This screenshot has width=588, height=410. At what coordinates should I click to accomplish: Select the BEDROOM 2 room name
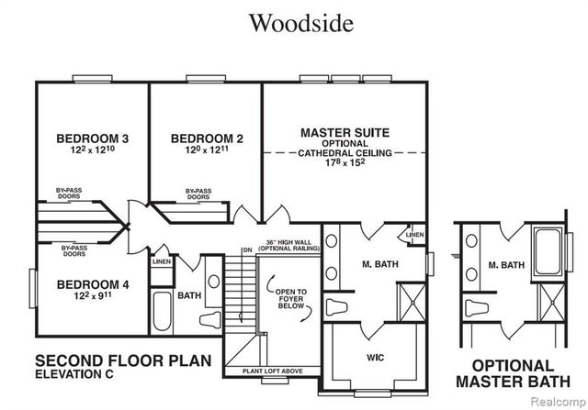tap(207, 139)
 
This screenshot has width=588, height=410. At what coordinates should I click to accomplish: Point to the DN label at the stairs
tap(246, 250)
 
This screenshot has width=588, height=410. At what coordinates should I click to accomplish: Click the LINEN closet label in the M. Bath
tap(415, 234)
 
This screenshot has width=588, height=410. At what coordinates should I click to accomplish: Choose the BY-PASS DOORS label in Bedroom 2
tap(198, 194)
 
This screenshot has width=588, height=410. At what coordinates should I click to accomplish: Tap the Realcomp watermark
tap(556, 402)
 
